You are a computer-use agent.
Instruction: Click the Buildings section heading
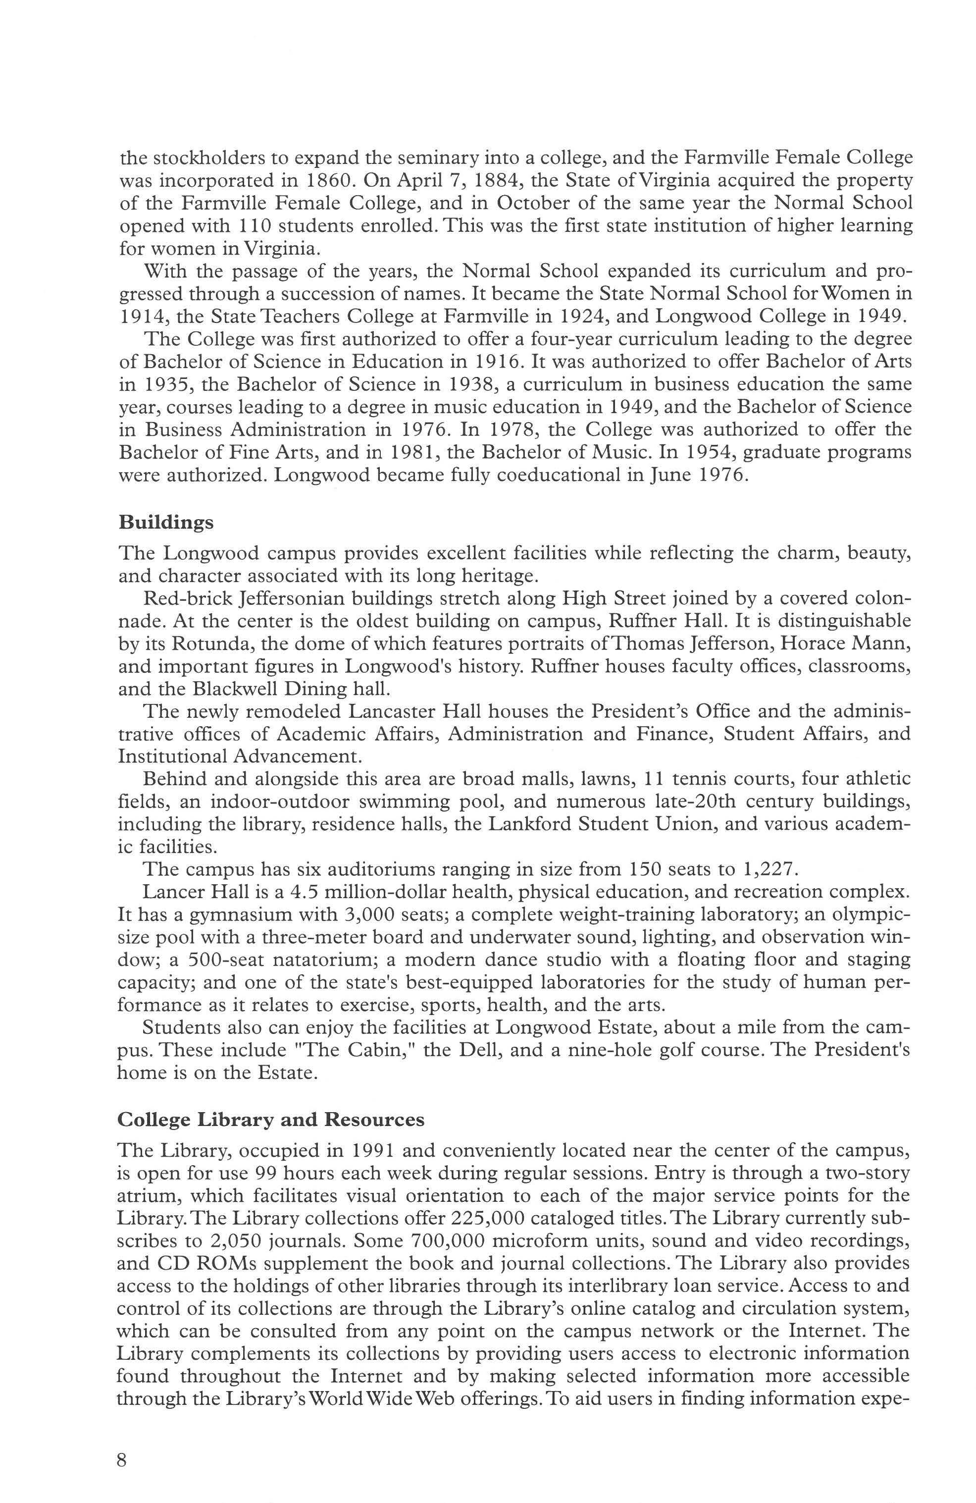pos(166,524)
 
